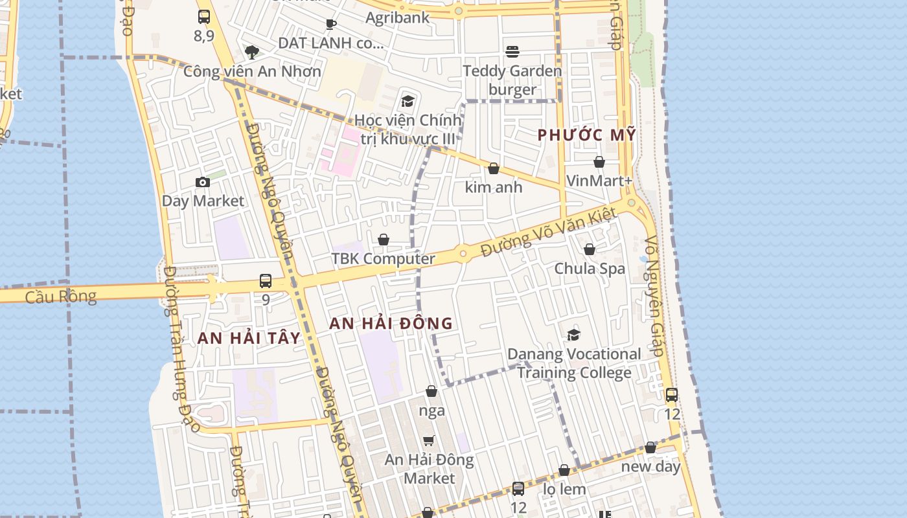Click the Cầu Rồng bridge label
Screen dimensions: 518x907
click(61, 297)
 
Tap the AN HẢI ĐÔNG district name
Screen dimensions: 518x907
click(391, 323)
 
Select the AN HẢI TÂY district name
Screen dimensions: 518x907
click(249, 337)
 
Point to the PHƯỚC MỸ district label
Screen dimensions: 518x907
click(587, 135)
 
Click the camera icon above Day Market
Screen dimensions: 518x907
click(203, 183)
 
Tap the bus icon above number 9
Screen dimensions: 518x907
click(266, 281)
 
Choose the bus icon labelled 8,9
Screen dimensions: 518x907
click(204, 17)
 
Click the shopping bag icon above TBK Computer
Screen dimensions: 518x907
click(384, 240)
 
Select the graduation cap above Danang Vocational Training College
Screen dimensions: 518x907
click(573, 335)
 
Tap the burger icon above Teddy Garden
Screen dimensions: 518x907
click(512, 52)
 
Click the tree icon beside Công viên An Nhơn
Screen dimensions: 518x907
click(251, 52)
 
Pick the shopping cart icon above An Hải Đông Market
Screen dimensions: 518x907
click(428, 441)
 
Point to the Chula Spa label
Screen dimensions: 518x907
click(590, 268)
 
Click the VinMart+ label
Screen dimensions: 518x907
click(599, 181)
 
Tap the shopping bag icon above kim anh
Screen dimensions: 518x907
click(494, 168)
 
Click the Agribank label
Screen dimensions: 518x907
click(397, 17)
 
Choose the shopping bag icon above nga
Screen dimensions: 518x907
click(431, 391)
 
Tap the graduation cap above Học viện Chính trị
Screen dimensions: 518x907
click(408, 101)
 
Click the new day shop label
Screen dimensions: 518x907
click(650, 466)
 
